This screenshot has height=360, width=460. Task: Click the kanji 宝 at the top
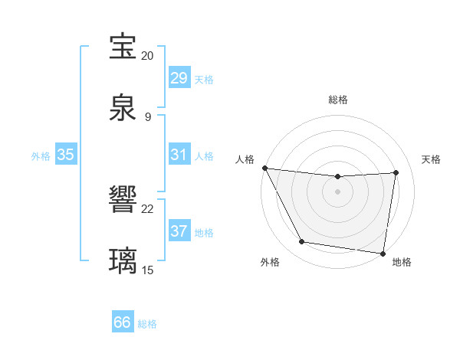click(x=123, y=47)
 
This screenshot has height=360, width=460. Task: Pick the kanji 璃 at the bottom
click(x=123, y=260)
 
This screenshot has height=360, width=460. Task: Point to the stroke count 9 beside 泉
click(x=147, y=116)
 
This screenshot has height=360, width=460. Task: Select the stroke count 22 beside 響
click(x=147, y=208)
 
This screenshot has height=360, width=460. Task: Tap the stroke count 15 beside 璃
click(x=147, y=270)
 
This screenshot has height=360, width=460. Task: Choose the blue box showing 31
click(x=179, y=155)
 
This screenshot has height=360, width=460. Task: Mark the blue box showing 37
click(x=179, y=231)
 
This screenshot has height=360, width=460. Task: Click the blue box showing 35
click(x=65, y=155)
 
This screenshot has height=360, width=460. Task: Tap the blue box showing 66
click(x=123, y=322)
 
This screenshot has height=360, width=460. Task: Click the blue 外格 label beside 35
click(x=41, y=156)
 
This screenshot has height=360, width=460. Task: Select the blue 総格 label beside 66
click(x=147, y=324)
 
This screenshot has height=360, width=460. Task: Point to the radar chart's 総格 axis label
click(x=338, y=100)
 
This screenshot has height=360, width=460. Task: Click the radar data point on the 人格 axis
click(x=264, y=168)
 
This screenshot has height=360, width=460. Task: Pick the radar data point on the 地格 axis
click(x=383, y=253)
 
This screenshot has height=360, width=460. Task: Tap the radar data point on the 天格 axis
click(x=396, y=172)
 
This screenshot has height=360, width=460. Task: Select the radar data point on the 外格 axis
click(x=301, y=243)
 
